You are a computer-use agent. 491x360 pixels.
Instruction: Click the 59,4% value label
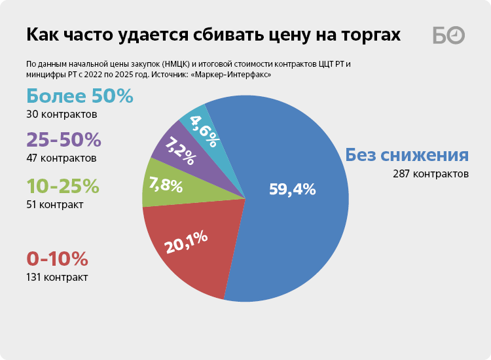coord(293,190)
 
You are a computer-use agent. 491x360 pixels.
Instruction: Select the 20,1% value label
coord(187,240)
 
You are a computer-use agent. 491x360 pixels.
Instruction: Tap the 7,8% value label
coord(166,185)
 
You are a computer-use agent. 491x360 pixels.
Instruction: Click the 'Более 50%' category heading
coord(80,96)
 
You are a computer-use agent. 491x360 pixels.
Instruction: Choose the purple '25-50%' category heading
coord(64,139)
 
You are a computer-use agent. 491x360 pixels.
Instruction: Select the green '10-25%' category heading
coord(63,186)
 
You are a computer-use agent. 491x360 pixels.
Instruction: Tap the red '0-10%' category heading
coord(57,259)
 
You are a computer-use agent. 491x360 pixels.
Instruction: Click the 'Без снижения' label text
coord(407,156)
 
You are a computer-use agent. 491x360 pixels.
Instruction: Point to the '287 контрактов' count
coord(431,174)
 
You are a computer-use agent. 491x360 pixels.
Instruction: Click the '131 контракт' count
coord(57,277)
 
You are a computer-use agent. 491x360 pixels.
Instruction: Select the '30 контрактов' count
coord(62,115)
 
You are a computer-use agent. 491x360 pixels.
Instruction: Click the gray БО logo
coord(448,35)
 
